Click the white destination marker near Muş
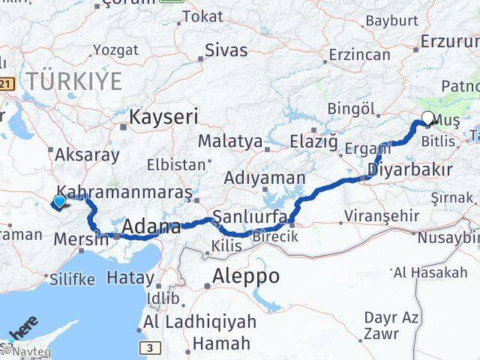point(428,118)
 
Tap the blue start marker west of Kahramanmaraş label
point(58,201)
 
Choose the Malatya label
point(230,141)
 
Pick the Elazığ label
point(313,140)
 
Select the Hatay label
point(130,278)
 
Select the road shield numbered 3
point(151,347)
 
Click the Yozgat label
point(115,50)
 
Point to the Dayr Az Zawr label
point(391,324)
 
